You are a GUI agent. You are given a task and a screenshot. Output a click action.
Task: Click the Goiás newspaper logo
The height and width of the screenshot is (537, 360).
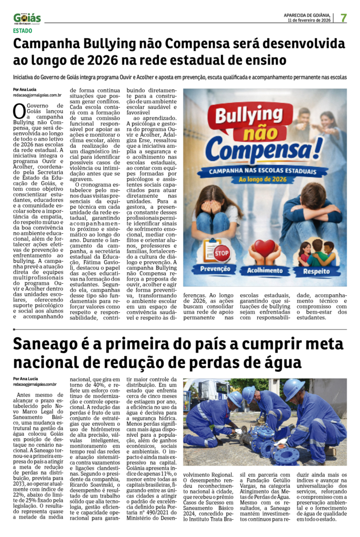27,18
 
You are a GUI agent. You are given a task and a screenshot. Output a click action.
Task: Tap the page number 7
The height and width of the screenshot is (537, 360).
344,17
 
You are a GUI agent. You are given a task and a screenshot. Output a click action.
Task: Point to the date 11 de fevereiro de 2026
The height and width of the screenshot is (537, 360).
309,20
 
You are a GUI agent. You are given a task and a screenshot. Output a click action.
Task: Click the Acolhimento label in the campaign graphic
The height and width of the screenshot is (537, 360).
265,271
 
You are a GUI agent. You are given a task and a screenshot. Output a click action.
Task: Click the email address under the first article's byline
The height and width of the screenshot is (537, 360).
37,95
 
